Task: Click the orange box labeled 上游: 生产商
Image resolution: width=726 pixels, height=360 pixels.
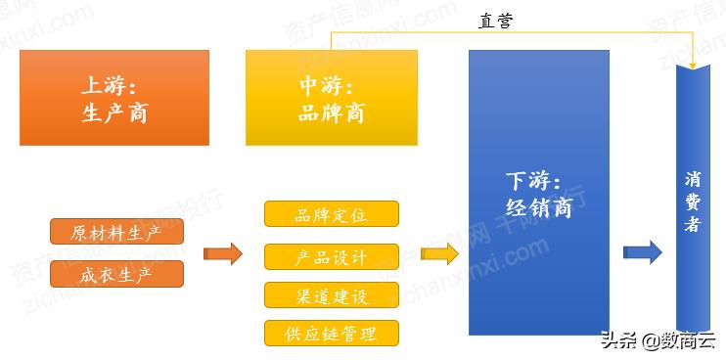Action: [x=114, y=98]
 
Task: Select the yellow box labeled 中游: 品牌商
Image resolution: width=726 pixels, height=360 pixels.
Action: [x=332, y=98]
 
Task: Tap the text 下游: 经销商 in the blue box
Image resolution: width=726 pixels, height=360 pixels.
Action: [x=539, y=195]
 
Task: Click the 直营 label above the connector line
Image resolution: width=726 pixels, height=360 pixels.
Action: [x=496, y=21]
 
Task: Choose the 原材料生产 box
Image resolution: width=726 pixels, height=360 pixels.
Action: [x=116, y=233]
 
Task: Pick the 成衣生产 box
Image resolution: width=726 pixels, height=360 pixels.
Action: [x=116, y=275]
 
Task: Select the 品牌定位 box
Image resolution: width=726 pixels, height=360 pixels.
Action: [x=332, y=214]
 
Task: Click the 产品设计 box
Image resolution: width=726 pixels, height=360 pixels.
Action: [x=332, y=257]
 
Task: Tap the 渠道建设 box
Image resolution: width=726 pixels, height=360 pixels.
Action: [x=332, y=295]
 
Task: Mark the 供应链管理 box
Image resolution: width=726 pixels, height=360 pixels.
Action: [x=332, y=333]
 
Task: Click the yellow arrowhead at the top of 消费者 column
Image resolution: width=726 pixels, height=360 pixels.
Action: [x=694, y=64]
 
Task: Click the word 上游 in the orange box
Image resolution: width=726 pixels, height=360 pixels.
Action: [x=99, y=84]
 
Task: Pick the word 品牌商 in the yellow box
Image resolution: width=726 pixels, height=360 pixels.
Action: [x=332, y=112]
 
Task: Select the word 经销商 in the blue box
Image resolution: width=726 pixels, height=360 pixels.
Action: [x=539, y=207]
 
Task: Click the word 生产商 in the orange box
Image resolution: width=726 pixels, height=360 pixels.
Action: [x=114, y=112]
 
